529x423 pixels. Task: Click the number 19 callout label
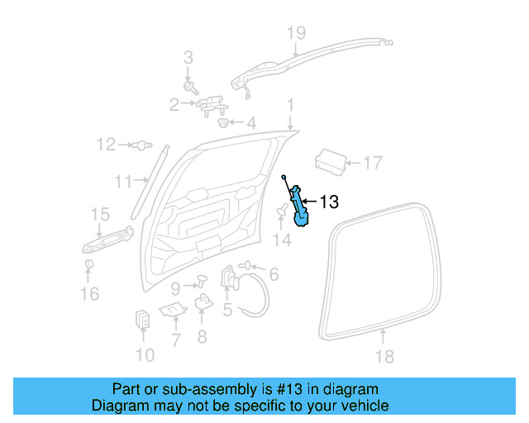coord(296,33)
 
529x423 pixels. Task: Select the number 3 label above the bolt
coord(188,58)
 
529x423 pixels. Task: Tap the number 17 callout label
coord(373,163)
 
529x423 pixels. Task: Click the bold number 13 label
coord(328,202)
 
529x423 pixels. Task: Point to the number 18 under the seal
coord(384,356)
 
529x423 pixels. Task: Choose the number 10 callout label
coord(145,356)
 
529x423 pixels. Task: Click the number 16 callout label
coord(89,292)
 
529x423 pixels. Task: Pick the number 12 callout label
coord(106,145)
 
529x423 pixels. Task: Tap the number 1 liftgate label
coord(290,106)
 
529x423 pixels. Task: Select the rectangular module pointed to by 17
coord(333,159)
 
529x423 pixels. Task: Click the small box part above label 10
coord(142,319)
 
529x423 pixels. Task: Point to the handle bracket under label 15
coord(107,239)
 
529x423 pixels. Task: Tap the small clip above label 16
coord(88,264)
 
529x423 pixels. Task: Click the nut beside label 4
coord(222,124)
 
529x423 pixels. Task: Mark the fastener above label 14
coord(281,214)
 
